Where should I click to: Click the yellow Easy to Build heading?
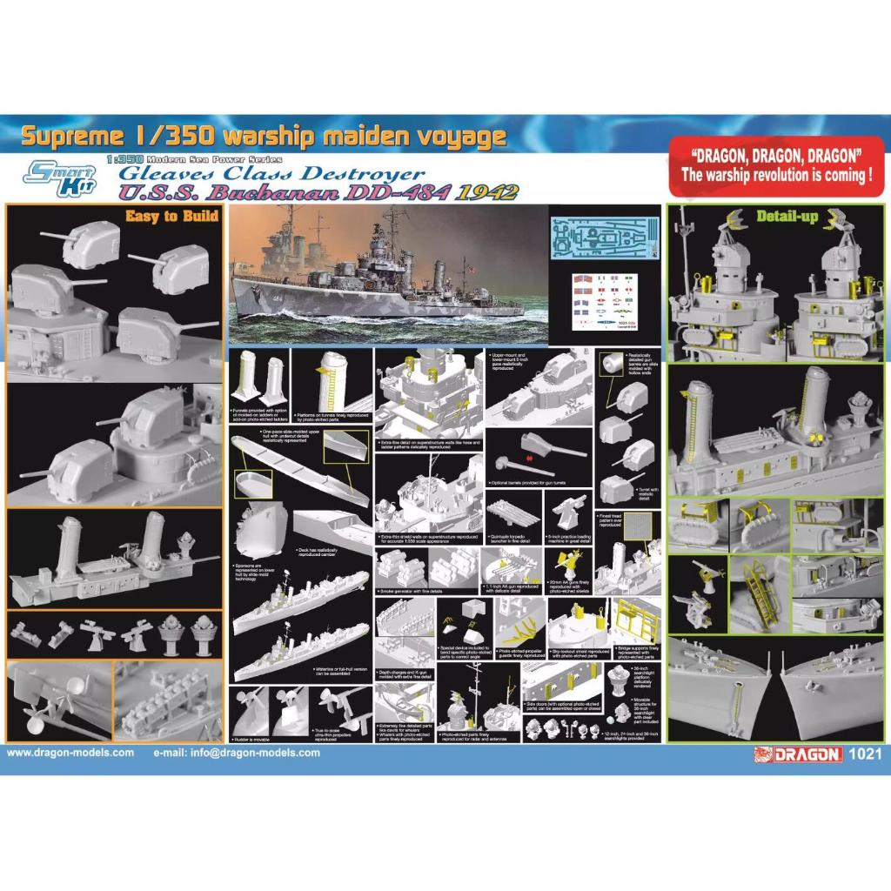coord(172,216)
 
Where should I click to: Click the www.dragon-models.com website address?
coord(70,754)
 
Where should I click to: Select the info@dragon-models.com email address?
coord(236,754)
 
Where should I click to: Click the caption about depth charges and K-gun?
coord(405,674)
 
